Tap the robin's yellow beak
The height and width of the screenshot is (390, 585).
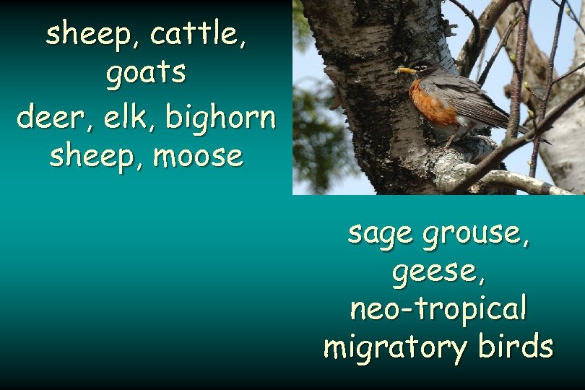(x=404, y=70)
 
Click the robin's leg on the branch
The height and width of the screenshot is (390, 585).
(x=450, y=139)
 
